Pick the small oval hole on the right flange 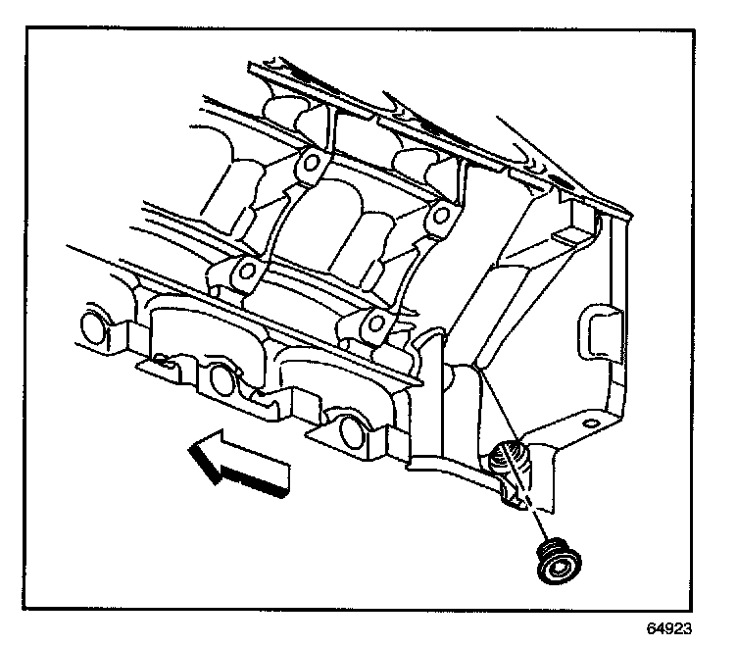[589, 423]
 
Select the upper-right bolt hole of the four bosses [441, 214]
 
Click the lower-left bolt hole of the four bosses [247, 271]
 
